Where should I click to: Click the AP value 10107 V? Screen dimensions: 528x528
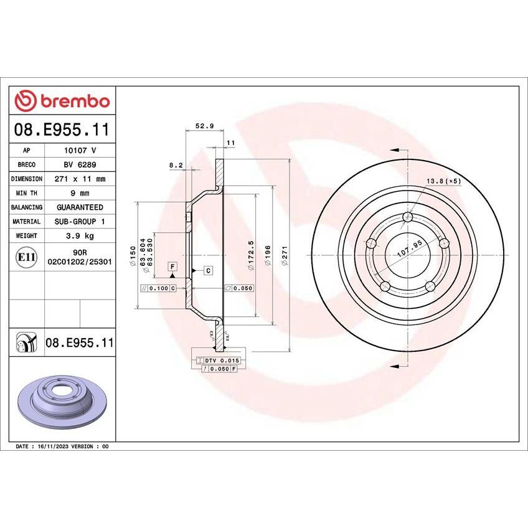(80, 150)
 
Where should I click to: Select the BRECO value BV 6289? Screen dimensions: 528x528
(80, 164)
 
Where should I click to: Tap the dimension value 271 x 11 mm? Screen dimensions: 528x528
(80, 179)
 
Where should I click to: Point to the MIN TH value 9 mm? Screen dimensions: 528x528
(80, 193)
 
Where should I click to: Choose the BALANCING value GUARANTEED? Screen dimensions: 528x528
(80, 207)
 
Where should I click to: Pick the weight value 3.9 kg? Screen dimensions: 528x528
(80, 236)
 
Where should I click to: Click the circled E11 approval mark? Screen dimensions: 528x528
(26, 257)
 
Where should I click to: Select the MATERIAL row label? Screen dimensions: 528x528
(26, 222)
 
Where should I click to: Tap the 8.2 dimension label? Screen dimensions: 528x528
(176, 166)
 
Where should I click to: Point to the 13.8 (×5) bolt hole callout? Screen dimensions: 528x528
(443, 181)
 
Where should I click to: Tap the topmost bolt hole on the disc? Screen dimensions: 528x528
(408, 217)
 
